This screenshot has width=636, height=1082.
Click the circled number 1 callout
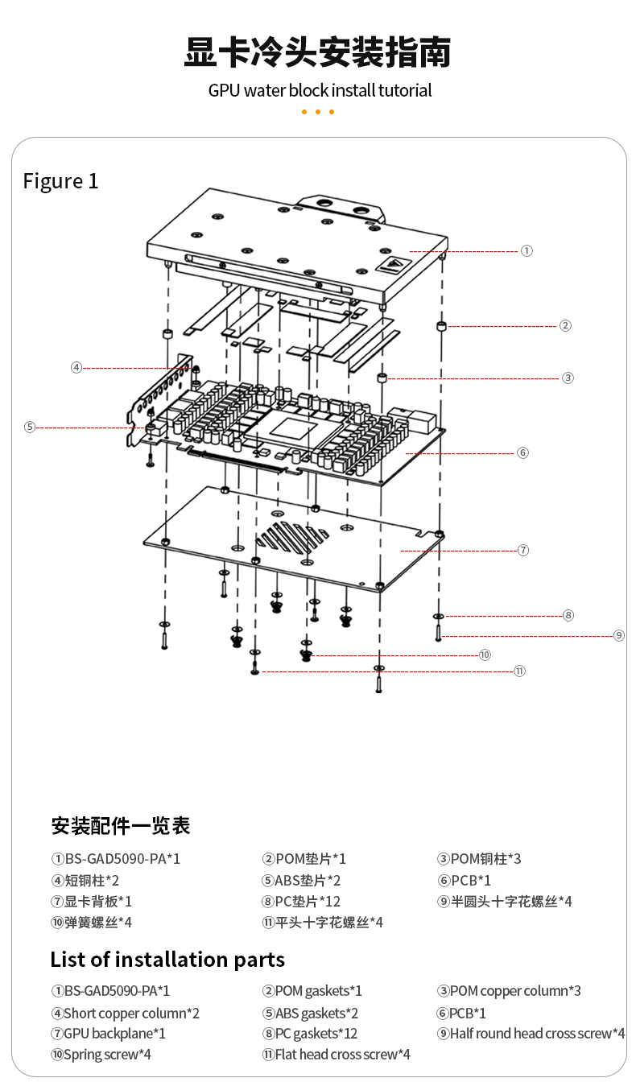tap(527, 251)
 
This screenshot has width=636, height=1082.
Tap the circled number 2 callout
tap(565, 326)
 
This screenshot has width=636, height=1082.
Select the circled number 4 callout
tap(76, 367)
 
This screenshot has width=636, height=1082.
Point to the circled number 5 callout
tap(30, 427)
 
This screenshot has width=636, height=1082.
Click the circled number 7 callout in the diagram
tap(522, 550)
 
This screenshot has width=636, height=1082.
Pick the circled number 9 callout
tap(618, 635)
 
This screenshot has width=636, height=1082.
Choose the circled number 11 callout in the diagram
tap(519, 671)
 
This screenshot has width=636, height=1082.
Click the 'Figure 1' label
tap(60, 181)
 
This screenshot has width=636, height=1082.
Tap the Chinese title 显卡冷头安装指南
tap(318, 52)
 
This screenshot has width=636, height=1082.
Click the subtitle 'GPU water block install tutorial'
tap(320, 90)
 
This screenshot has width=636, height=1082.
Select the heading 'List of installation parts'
tap(167, 960)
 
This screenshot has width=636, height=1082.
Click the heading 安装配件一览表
tap(121, 826)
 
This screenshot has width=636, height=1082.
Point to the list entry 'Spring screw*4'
tap(101, 1054)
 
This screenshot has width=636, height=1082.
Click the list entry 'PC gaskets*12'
tap(310, 1034)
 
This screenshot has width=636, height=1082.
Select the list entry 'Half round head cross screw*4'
tap(531, 1034)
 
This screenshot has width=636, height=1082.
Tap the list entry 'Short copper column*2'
tap(125, 1013)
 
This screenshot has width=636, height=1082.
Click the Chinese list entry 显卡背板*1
tap(92, 902)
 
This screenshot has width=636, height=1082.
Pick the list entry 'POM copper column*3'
tap(509, 991)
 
